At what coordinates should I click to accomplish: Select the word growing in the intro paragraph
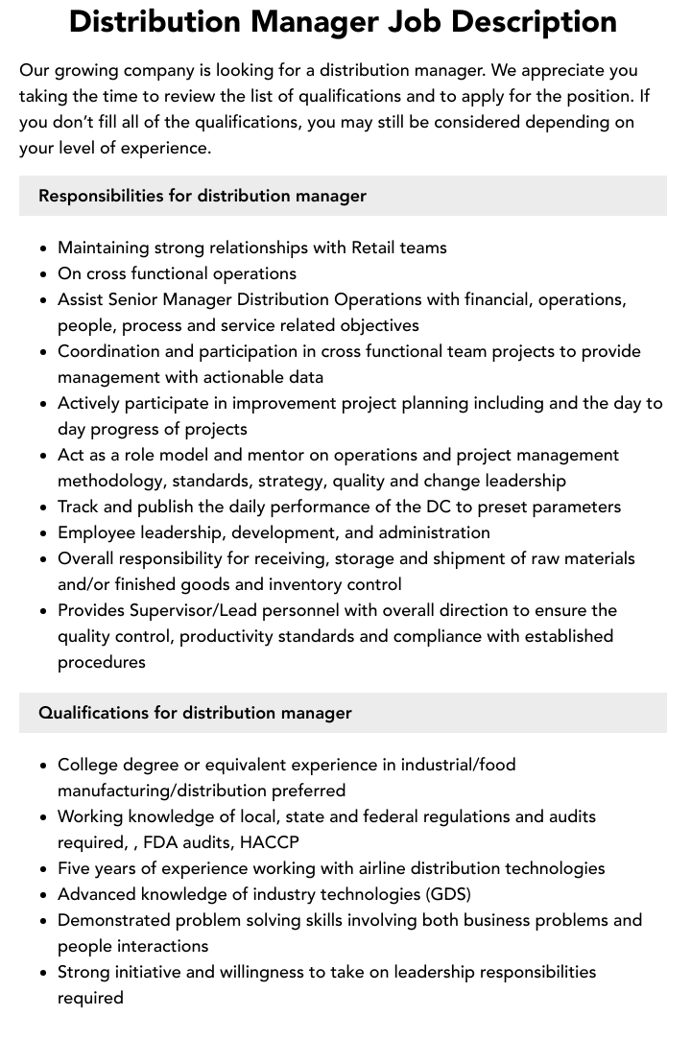[83, 70]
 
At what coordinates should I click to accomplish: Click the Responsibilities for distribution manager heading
[203, 196]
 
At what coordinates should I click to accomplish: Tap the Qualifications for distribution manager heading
[195, 713]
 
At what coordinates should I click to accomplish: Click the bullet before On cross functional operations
[44, 274]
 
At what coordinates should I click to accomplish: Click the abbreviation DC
[409, 507]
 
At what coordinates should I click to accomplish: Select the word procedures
[102, 662]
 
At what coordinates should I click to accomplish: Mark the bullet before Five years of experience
[44, 869]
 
